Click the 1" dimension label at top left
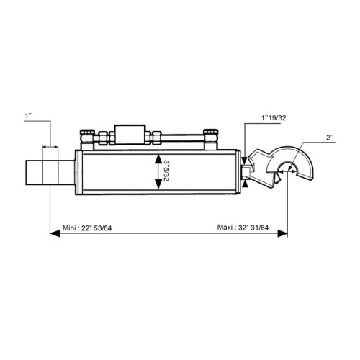(x=28, y=116)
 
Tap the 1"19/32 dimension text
(x=274, y=118)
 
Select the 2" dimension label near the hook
(x=330, y=138)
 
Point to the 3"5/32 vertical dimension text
(x=166, y=171)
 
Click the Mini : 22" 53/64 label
(x=87, y=228)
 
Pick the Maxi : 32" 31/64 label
(x=243, y=227)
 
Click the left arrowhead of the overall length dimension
(x=55, y=233)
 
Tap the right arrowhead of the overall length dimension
(x=282, y=233)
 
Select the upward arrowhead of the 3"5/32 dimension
(x=158, y=159)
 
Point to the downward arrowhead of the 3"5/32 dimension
(x=158, y=184)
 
